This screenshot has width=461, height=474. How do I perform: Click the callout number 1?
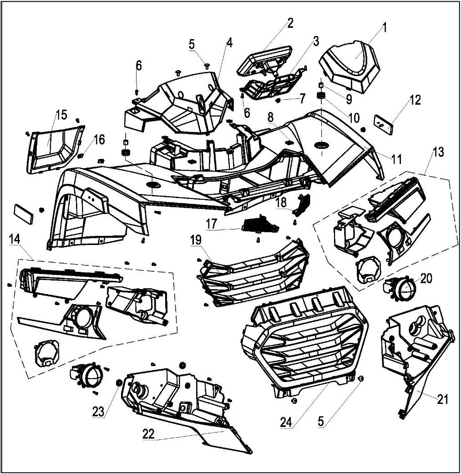[384, 27]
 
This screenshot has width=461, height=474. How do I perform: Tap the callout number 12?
[415, 100]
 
